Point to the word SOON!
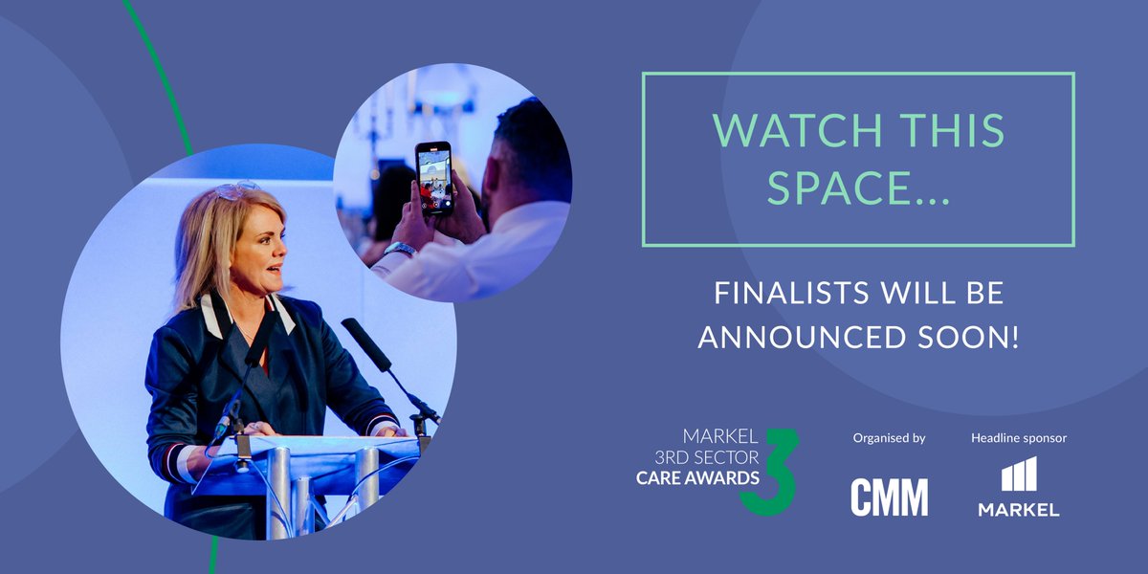click(972, 338)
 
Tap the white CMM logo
click(889, 497)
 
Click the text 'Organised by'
click(889, 438)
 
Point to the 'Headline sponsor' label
click(1018, 438)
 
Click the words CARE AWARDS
click(697, 476)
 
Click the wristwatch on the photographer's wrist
click(400, 251)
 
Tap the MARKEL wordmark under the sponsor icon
click(1018, 510)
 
